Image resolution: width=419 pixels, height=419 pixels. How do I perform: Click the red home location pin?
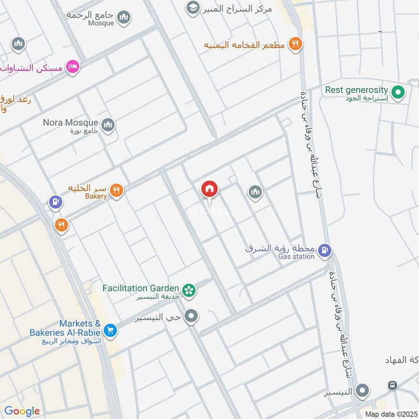[210, 189]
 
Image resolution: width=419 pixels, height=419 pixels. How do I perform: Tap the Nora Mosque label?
[71, 123]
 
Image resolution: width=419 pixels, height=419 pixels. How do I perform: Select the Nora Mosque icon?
[108, 125]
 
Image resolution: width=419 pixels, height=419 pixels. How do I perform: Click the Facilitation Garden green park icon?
[189, 290]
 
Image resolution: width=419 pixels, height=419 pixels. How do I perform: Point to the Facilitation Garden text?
[140, 288]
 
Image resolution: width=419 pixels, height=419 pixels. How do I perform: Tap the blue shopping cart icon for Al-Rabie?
[109, 330]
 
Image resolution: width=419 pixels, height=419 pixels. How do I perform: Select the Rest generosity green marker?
[399, 93]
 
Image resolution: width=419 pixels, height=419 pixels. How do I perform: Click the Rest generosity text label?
[356, 90]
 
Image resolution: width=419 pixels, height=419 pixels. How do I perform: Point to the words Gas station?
[296, 257]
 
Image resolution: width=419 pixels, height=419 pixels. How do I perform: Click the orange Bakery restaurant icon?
[117, 191]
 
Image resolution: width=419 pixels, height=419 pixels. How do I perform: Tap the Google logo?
[21, 411]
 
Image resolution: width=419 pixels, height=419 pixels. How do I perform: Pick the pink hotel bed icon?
[73, 67]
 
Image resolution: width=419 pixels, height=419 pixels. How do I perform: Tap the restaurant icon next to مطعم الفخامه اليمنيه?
[296, 45]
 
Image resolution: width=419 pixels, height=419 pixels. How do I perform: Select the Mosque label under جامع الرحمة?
[101, 23]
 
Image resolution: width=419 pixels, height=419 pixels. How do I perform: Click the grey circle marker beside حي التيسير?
[192, 316]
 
